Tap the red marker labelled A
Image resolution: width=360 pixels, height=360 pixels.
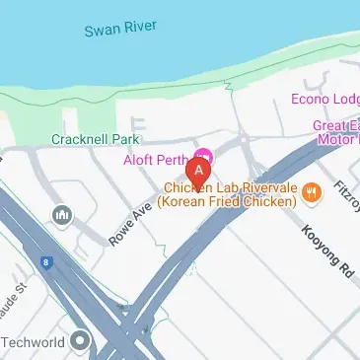200,174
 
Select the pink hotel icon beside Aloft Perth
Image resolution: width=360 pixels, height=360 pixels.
204,156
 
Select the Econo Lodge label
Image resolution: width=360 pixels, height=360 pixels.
324,99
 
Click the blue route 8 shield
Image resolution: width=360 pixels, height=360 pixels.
45,261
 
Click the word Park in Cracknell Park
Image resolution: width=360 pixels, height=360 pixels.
122,140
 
